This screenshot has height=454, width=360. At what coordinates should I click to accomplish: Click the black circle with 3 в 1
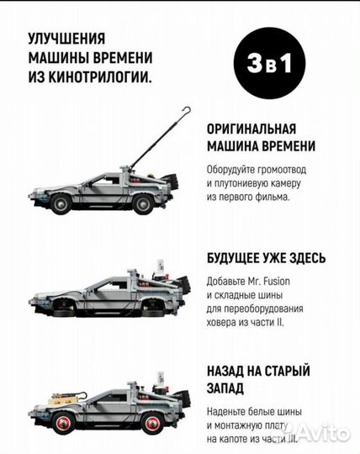pyautogui.click(x=269, y=65)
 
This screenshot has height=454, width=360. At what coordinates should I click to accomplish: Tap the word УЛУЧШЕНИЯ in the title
pyautogui.click(x=66, y=38)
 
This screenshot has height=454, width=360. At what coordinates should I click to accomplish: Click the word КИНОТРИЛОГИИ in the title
pyautogui.click(x=93, y=79)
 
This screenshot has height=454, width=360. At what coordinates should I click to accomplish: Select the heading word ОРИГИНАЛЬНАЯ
pyautogui.click(x=249, y=129)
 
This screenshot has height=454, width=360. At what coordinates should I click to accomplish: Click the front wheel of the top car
pyautogui.click(x=61, y=202)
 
